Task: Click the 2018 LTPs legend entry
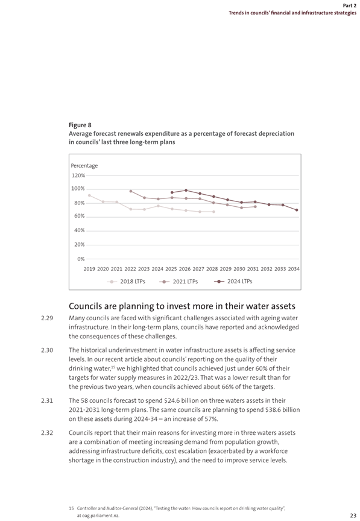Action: click(126, 282)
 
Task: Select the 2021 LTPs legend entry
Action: click(178, 282)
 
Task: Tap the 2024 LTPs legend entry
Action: click(233, 282)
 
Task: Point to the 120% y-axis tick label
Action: click(78, 175)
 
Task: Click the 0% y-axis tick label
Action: click(81, 259)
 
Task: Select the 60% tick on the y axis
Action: click(80, 216)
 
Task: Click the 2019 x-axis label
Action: click(89, 269)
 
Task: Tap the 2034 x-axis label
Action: click(294, 269)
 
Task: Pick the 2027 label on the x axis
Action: click(198, 269)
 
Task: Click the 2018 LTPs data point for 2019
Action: click(89, 195)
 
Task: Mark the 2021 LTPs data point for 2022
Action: click(131, 191)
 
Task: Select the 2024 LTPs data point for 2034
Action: click(297, 210)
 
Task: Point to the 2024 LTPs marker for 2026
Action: click(186, 191)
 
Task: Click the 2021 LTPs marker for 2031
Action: click(255, 207)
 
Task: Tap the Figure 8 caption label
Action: click(80, 125)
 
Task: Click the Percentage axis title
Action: click(84, 165)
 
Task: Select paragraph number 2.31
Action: click(47, 401)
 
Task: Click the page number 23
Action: click(353, 516)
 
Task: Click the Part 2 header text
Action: click(349, 5)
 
